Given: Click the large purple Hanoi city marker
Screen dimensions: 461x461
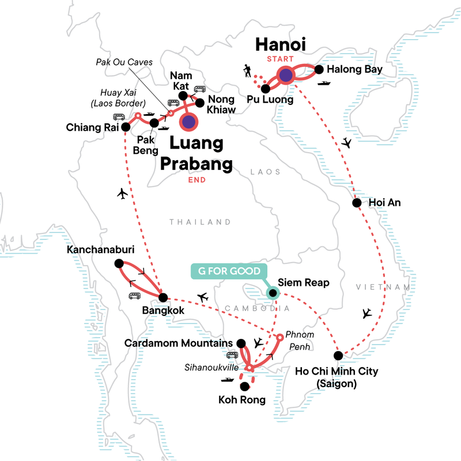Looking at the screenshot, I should [x=286, y=75].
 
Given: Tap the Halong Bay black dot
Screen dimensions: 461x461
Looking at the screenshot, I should [x=319, y=70].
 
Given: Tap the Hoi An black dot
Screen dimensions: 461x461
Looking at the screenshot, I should [x=357, y=203].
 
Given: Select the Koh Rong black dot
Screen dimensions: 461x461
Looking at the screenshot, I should [x=245, y=386].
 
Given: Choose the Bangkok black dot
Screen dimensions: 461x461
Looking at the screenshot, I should [x=163, y=297].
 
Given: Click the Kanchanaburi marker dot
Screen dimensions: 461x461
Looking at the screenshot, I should [x=119, y=263].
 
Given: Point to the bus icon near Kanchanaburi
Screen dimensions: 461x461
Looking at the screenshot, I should [x=135, y=296].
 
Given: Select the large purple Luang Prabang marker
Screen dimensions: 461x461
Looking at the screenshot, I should [x=188, y=122].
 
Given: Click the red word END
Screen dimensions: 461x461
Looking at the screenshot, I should [x=197, y=180].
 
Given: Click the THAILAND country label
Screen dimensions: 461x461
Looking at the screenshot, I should [x=200, y=222].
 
